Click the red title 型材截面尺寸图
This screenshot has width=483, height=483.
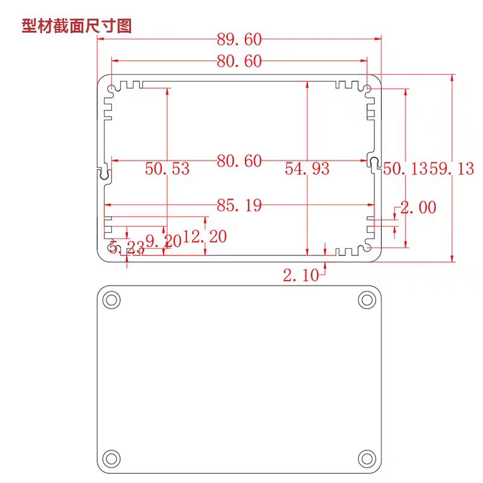click(x=77, y=25)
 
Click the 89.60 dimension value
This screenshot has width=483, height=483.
click(x=239, y=40)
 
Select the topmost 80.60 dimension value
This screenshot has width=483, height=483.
click(x=239, y=62)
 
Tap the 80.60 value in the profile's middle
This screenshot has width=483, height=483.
click(x=239, y=161)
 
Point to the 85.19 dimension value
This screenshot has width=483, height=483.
click(x=239, y=205)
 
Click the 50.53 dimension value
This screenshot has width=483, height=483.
click(x=167, y=169)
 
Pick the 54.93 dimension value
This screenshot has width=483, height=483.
click(x=307, y=169)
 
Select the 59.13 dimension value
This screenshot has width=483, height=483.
click(x=452, y=169)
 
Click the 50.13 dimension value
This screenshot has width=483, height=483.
click(x=406, y=169)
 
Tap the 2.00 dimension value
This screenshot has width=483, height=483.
click(x=418, y=207)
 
